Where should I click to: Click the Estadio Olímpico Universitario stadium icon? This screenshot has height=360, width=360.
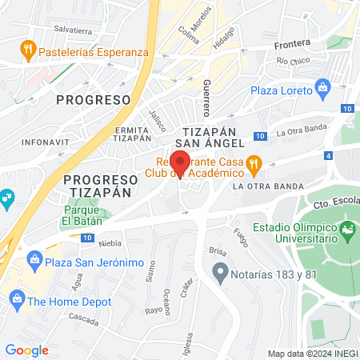pos(348,233)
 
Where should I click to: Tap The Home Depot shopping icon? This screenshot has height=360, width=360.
pos(16,301)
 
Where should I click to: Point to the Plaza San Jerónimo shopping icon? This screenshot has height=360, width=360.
pos(34,258)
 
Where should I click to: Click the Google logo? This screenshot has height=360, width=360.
pos(26,350)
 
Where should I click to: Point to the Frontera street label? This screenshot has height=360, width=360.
pos(291,45)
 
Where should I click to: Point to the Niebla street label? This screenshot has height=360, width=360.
pos(110,242)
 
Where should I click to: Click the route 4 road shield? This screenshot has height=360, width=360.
pos(329,156)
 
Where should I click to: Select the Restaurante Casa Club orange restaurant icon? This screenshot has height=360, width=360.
pos(254,166)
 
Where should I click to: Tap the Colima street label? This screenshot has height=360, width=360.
pos(189,34)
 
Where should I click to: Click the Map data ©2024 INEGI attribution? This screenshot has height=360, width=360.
pos(311,353)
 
